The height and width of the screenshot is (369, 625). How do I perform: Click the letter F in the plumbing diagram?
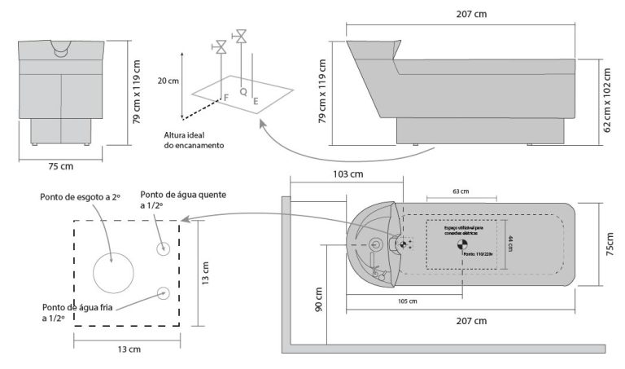(225, 98)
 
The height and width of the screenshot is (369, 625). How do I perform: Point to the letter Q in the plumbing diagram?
(243, 91)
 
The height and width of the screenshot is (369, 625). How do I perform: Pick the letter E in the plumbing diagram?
(256, 102)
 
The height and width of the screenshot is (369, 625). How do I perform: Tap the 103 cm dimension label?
(348, 174)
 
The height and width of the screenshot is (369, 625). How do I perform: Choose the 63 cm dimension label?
(461, 191)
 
